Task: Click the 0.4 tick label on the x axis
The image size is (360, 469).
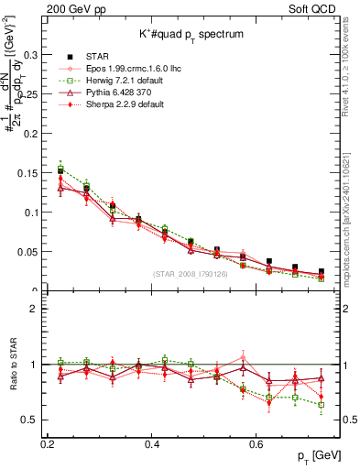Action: click(153, 444)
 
